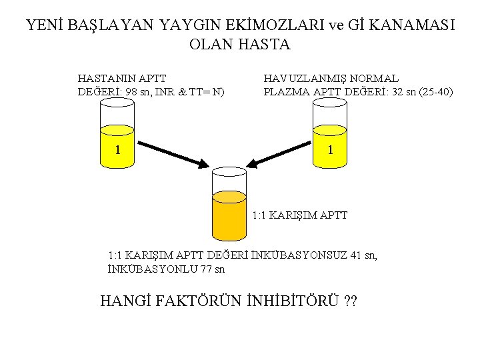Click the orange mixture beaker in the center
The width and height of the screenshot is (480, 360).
[x=229, y=210]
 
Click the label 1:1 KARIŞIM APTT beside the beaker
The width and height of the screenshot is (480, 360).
[x=300, y=215]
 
